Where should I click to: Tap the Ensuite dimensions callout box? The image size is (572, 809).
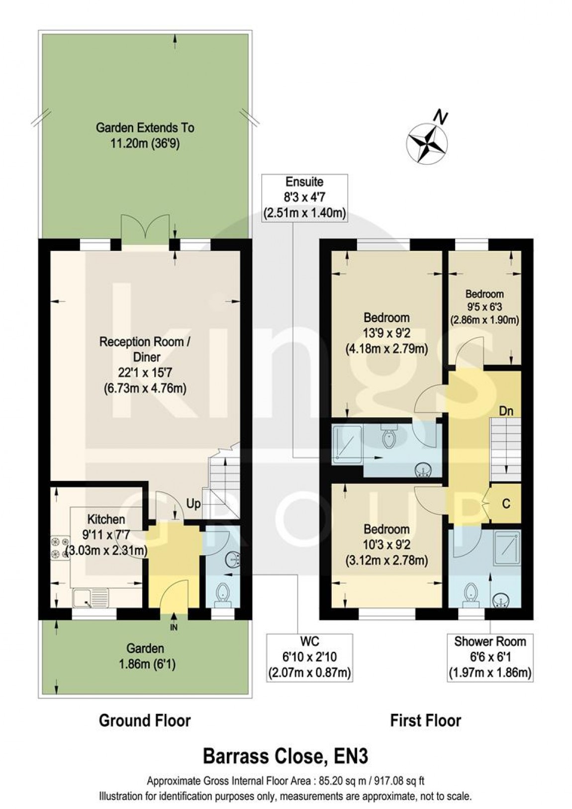pyautogui.click(x=304, y=198)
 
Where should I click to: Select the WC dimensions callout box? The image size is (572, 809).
pyautogui.click(x=309, y=657)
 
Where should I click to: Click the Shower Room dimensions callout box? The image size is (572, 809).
pyautogui.click(x=490, y=657)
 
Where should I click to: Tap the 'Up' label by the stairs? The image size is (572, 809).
pyautogui.click(x=193, y=504)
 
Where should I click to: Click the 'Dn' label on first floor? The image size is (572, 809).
pyautogui.click(x=506, y=411)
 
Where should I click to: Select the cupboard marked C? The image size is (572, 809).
pyautogui.click(x=506, y=503)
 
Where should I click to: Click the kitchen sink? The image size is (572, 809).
pyautogui.click(x=91, y=597)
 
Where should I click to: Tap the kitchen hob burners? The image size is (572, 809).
pyautogui.click(x=59, y=547)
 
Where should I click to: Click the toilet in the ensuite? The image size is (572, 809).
pyautogui.click(x=387, y=436)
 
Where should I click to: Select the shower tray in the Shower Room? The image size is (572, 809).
pyautogui.click(x=507, y=548)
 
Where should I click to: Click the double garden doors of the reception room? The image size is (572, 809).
pyautogui.click(x=144, y=229)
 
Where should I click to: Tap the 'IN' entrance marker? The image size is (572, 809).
pyautogui.click(x=174, y=628)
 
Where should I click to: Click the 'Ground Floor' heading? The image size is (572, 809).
pyautogui.click(x=145, y=720)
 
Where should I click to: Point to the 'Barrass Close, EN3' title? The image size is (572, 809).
pyautogui.click(x=286, y=757)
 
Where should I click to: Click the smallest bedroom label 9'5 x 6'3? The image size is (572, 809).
pyautogui.click(x=484, y=307)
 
